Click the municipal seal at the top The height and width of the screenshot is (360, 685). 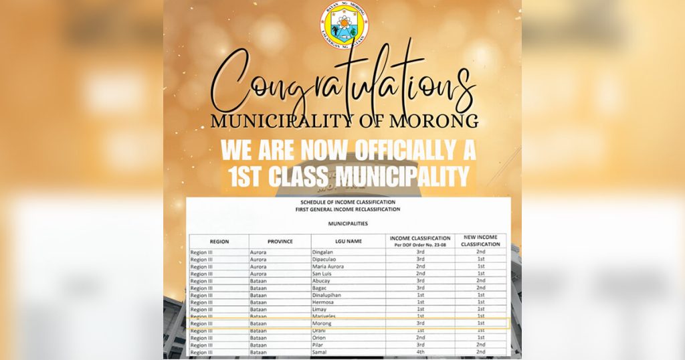343,25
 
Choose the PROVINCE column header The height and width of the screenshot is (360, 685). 280,241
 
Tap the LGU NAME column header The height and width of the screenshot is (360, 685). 349,241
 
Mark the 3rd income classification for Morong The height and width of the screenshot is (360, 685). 420,324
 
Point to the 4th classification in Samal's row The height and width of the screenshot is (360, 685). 420,352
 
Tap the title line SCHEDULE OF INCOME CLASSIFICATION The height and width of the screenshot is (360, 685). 348,202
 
